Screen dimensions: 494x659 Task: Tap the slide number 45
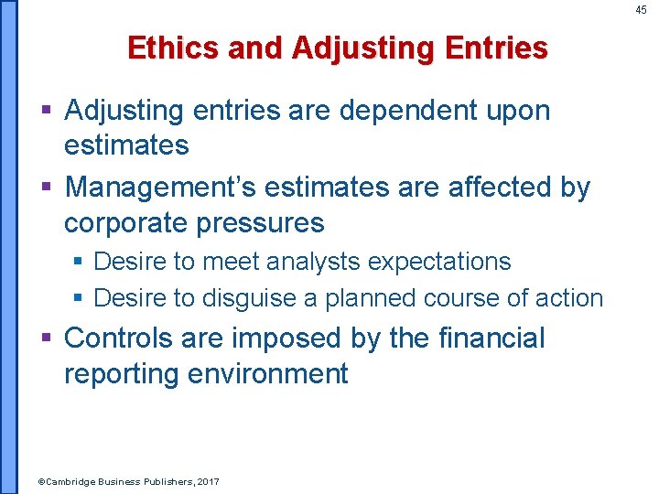tap(641, 10)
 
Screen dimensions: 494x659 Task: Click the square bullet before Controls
tap(49, 339)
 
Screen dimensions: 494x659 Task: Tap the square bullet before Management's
tap(49, 188)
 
